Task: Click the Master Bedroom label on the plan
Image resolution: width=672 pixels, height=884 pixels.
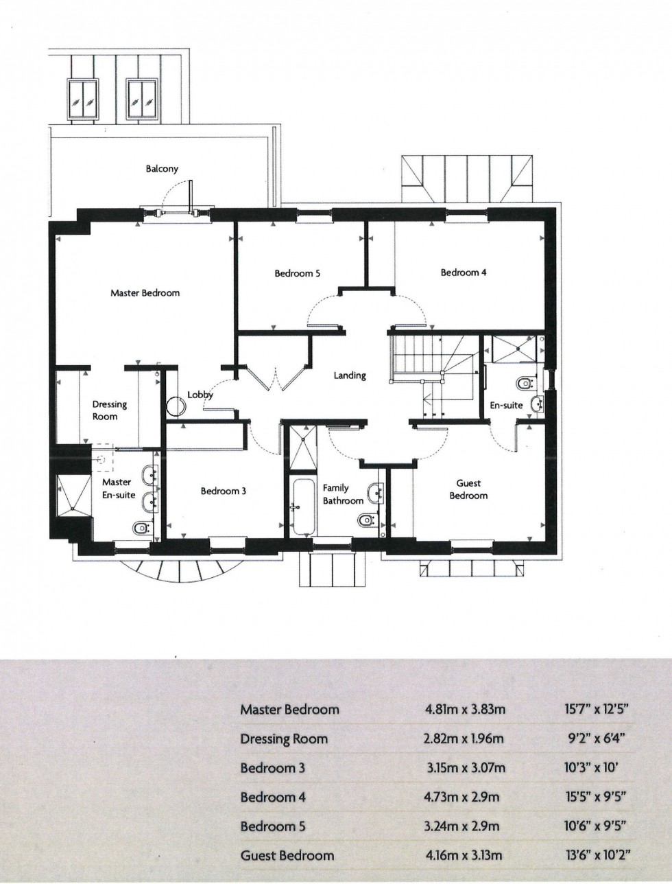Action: coord(145,293)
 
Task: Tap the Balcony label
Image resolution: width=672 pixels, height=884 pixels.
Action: coord(162,169)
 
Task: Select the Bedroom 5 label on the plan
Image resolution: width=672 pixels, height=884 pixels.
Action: coord(297,274)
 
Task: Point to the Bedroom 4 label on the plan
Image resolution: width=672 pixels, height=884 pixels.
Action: coord(464,272)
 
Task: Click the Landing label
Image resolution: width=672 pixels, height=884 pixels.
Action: coord(350,376)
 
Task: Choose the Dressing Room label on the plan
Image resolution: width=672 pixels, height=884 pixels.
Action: coord(110,410)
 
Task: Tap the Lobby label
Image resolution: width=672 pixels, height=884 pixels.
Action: coord(200,395)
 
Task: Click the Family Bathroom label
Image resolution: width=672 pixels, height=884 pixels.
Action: coord(342,494)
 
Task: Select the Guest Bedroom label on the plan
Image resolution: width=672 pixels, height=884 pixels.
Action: coord(468,489)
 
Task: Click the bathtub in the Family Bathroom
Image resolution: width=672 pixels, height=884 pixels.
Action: coord(302,508)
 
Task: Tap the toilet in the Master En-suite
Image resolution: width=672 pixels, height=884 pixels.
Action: coord(141,527)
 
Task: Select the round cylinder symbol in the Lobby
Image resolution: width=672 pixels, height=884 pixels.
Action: coord(176,407)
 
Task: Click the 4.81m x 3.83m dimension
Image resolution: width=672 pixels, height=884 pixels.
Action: coord(465,710)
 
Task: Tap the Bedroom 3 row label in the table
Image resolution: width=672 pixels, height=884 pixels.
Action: coord(272,768)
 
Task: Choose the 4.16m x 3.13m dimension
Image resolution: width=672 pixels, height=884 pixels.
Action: coord(464,855)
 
